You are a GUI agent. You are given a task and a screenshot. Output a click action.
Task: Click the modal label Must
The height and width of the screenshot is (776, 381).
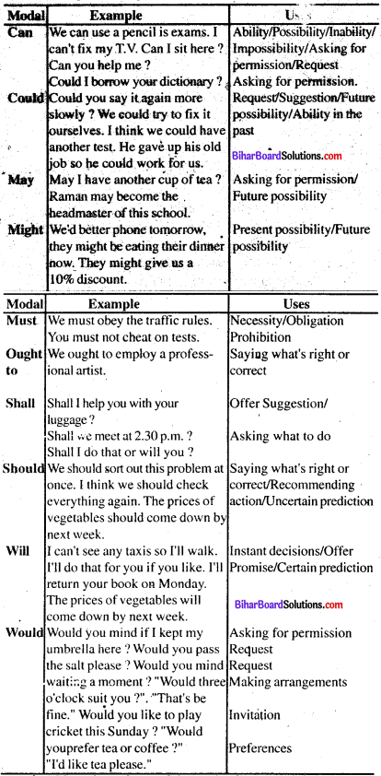click(x=20, y=321)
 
